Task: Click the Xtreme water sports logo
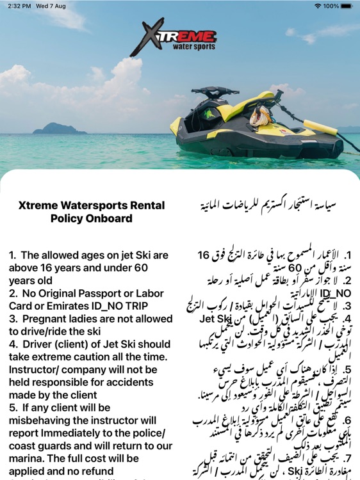(x=175, y=37)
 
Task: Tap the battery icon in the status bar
(x=347, y=6)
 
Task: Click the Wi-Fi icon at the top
(x=318, y=6)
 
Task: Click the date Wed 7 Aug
(x=54, y=6)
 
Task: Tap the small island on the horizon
(x=59, y=129)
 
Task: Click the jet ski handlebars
(x=214, y=92)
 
